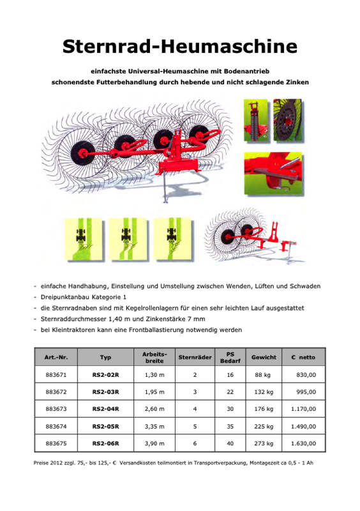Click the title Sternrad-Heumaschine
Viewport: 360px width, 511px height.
point(180,46)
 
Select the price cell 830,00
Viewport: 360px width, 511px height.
point(306,375)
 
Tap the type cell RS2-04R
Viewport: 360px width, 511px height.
point(105,409)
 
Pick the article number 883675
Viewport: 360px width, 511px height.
point(56,443)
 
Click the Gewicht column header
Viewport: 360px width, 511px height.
point(264,357)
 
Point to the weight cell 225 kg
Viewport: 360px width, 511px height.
point(264,427)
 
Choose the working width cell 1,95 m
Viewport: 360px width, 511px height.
point(154,392)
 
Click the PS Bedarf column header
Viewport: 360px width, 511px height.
point(230,358)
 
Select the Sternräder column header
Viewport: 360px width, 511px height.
point(195,357)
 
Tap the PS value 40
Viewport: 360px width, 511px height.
point(230,443)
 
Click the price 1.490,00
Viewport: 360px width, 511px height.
point(303,426)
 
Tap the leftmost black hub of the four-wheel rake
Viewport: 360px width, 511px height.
point(82,153)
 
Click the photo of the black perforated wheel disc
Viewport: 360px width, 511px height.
point(288,120)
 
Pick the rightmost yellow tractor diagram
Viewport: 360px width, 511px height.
point(172,239)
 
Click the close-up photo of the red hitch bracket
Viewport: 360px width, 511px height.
point(273,173)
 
